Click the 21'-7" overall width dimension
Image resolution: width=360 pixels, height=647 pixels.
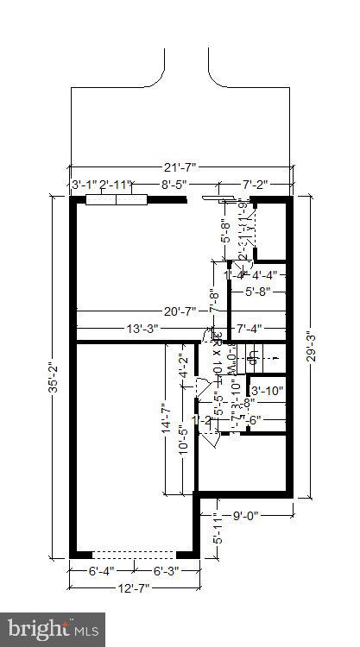coord(180,168)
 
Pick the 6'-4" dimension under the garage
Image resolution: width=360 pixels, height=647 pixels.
coord(101,571)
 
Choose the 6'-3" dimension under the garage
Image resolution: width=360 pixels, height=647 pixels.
coord(166,571)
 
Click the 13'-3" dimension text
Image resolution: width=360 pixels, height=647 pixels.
coord(144,328)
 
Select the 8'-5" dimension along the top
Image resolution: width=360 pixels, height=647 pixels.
coord(180,184)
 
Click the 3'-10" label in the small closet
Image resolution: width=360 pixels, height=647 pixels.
coord(267,390)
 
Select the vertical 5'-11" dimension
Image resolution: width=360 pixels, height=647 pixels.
coord(217,528)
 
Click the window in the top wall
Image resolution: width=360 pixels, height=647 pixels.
coord(117,199)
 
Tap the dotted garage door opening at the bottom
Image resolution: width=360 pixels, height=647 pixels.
coord(133,553)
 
